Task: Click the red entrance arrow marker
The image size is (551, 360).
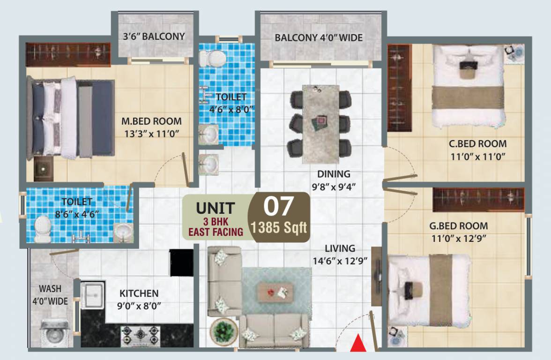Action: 358,343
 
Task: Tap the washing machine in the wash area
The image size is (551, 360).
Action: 52,332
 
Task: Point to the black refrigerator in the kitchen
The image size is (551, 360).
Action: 181,262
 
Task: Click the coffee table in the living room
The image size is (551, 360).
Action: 275,292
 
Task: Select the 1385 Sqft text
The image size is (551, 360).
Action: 279,228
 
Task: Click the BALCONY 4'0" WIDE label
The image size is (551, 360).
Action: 319,37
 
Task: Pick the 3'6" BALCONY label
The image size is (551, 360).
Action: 154,36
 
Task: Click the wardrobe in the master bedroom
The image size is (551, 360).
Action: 68,54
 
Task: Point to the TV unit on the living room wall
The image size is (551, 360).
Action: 377,277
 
